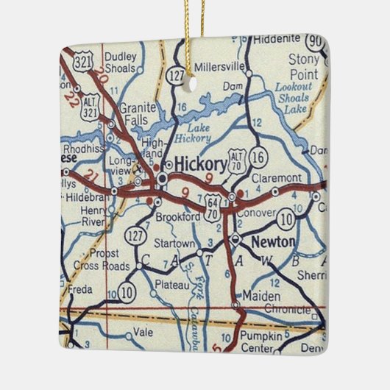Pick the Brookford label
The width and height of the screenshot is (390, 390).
point(178,218)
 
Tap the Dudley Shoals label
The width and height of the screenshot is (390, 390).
point(121,63)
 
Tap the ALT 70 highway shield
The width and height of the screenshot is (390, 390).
point(235,157)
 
